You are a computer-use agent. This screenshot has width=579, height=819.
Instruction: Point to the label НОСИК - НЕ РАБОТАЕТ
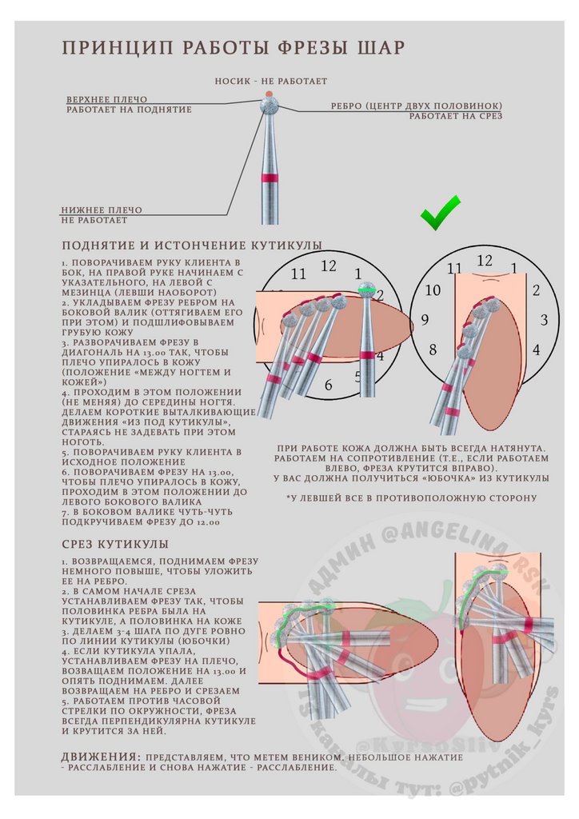270,82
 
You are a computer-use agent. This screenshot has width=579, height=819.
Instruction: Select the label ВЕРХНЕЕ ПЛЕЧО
106,99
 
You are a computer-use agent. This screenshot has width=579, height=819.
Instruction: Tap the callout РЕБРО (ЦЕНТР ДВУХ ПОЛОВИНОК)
417,106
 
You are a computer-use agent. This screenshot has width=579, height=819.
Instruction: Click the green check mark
441,213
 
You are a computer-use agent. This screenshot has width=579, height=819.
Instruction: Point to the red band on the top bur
271,178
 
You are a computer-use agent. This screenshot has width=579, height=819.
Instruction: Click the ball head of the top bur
270,104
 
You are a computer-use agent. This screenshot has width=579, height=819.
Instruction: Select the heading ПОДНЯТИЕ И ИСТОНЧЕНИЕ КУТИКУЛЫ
192,245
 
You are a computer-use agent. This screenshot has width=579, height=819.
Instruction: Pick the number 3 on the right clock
544,320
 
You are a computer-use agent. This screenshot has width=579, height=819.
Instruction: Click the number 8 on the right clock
433,350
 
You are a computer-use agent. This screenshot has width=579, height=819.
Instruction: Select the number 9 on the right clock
424,320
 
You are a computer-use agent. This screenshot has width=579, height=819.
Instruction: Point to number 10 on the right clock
433,290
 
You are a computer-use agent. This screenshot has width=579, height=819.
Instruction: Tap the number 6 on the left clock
328,386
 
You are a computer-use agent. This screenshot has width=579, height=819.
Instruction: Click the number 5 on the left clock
358,374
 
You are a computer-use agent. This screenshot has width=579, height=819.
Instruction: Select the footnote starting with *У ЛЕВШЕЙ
412,498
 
